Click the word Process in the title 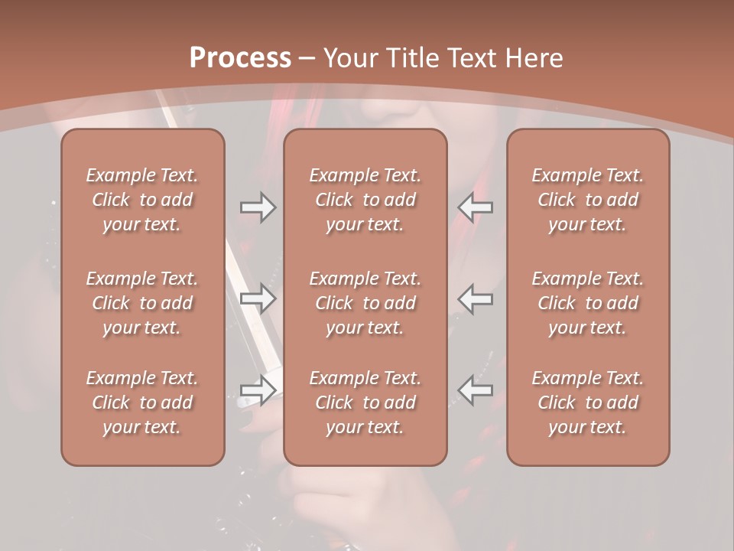pyautogui.click(x=240, y=58)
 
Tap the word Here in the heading pyautogui.click(x=534, y=58)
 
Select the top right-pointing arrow pyautogui.click(x=258, y=207)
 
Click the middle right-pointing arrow pyautogui.click(x=258, y=298)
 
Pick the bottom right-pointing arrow pyautogui.click(x=258, y=390)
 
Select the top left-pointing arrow pyautogui.click(x=475, y=207)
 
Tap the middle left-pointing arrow pyautogui.click(x=475, y=298)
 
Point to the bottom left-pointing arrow pyautogui.click(x=475, y=390)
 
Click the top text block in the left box pyautogui.click(x=142, y=200)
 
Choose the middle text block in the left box pyautogui.click(x=142, y=303)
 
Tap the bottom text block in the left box pyautogui.click(x=142, y=403)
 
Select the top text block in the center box pyautogui.click(x=365, y=200)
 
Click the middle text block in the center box pyautogui.click(x=365, y=303)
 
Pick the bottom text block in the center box pyautogui.click(x=365, y=403)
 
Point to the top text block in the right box pyautogui.click(x=588, y=200)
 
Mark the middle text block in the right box pyautogui.click(x=588, y=303)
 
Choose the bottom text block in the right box pyautogui.click(x=588, y=403)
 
